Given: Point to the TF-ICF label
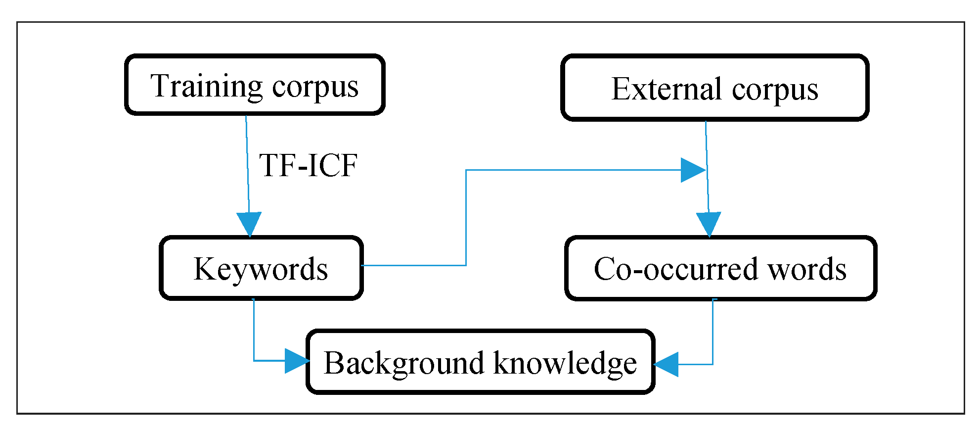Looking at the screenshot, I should click(308, 165).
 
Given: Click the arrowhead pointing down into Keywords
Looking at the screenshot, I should click(249, 224).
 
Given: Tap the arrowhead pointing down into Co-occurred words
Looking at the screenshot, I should click(709, 224).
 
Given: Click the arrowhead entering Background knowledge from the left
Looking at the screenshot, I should click(297, 361).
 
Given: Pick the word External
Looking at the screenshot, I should click(667, 89).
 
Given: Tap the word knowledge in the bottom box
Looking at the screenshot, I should click(565, 364).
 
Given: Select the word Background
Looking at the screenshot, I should click(404, 364).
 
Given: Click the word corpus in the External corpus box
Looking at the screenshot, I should click(775, 90).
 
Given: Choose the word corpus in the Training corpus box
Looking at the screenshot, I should click(315, 88).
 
